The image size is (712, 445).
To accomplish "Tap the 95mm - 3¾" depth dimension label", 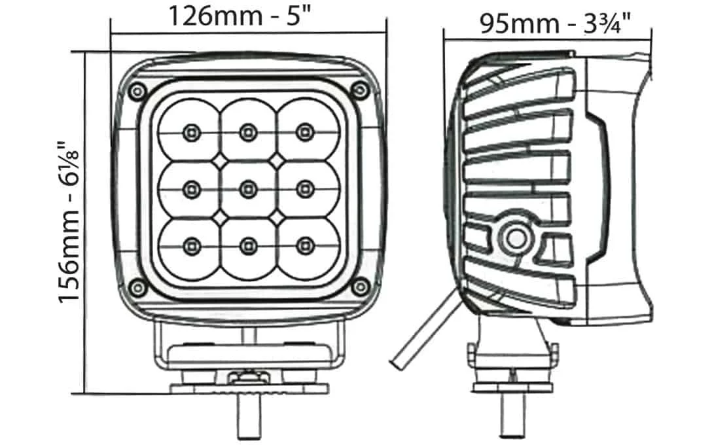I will pos(554,24).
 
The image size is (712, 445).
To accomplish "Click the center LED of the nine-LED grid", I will pos(247,189).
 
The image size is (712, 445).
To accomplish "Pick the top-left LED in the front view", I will pos(190,132).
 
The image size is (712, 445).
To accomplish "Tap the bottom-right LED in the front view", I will pos(303,245).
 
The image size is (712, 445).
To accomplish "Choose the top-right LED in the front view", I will pos(303,132).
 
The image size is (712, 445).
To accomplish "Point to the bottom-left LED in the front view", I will pos(190,245).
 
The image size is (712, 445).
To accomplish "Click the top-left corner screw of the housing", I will pos(136,90).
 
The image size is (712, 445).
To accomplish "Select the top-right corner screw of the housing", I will pos(357,90).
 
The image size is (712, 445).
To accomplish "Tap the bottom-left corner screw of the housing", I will pos(136,287).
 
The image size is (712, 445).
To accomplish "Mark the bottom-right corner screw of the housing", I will pos(357,287).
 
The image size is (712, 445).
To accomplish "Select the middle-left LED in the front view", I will pos(190,189).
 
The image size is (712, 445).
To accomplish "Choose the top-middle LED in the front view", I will pos(247,132).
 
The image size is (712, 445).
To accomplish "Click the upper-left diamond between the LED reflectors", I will pos(219,160).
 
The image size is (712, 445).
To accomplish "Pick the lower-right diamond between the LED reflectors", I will pos(276,217).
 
